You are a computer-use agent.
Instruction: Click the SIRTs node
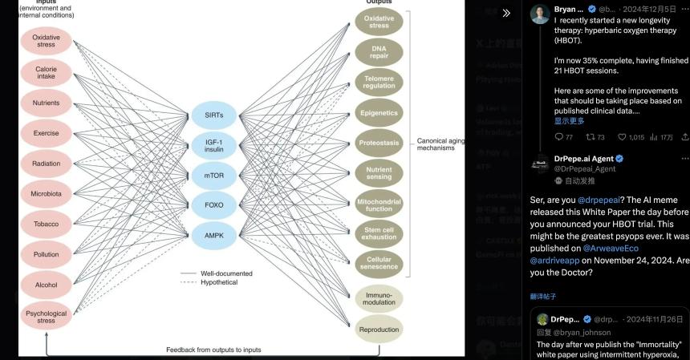(x=213, y=115)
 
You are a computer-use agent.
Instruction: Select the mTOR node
(x=213, y=175)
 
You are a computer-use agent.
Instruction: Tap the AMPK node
(x=213, y=234)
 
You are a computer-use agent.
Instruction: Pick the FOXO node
(x=213, y=204)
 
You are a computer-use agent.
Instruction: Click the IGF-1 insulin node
(x=213, y=144)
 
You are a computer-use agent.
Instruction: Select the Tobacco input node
(x=46, y=224)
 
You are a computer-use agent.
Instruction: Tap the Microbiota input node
(x=46, y=193)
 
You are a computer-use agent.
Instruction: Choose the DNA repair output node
(x=379, y=53)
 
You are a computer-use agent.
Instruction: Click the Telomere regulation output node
(x=379, y=83)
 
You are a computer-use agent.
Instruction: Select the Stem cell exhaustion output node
(x=379, y=233)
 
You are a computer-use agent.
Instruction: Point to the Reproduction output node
(x=379, y=330)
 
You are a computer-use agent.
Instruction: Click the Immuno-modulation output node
(x=379, y=298)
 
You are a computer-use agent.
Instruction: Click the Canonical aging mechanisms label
(x=440, y=144)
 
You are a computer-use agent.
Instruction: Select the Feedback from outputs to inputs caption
(x=213, y=350)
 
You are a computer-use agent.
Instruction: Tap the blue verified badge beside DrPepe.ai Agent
(x=619, y=159)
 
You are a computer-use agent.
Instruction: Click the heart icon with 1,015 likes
(x=622, y=137)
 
